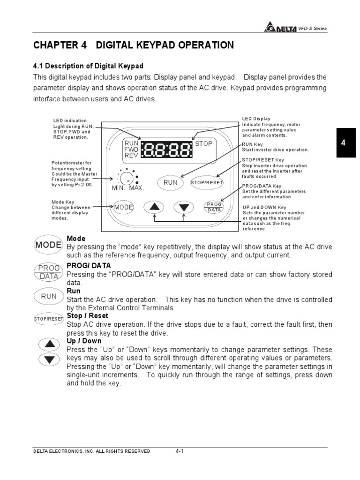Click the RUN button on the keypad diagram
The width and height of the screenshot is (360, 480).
[171, 182]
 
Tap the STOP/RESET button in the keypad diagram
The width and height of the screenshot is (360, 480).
[207, 182]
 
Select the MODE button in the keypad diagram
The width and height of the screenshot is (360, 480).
[124, 207]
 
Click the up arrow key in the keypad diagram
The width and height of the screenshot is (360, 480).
[154, 207]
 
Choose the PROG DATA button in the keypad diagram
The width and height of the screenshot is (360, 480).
[214, 207]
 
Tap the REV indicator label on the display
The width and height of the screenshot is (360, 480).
[131, 155]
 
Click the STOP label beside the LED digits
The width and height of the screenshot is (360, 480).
[204, 143]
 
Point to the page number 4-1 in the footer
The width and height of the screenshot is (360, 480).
[180, 451]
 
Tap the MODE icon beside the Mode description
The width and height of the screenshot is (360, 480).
[48, 245]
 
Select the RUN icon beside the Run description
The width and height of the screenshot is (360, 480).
[48, 296]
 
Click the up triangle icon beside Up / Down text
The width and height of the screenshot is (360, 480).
[49, 345]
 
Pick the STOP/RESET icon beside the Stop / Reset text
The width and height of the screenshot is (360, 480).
[49, 319]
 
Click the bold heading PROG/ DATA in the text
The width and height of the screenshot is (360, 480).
[82, 265]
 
